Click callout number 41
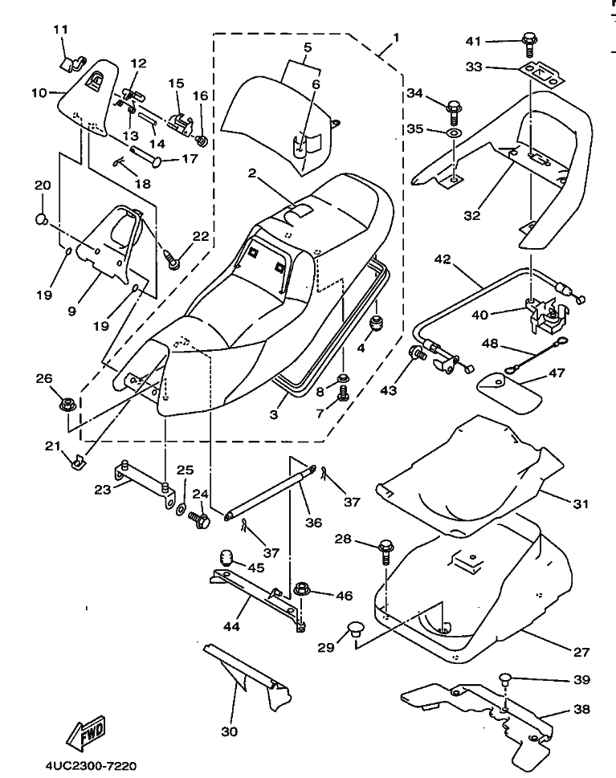tap(495, 41)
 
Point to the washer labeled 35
tap(454, 131)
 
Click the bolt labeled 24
tap(200, 520)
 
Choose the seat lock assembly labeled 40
tap(542, 312)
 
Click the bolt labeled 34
tap(454, 105)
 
